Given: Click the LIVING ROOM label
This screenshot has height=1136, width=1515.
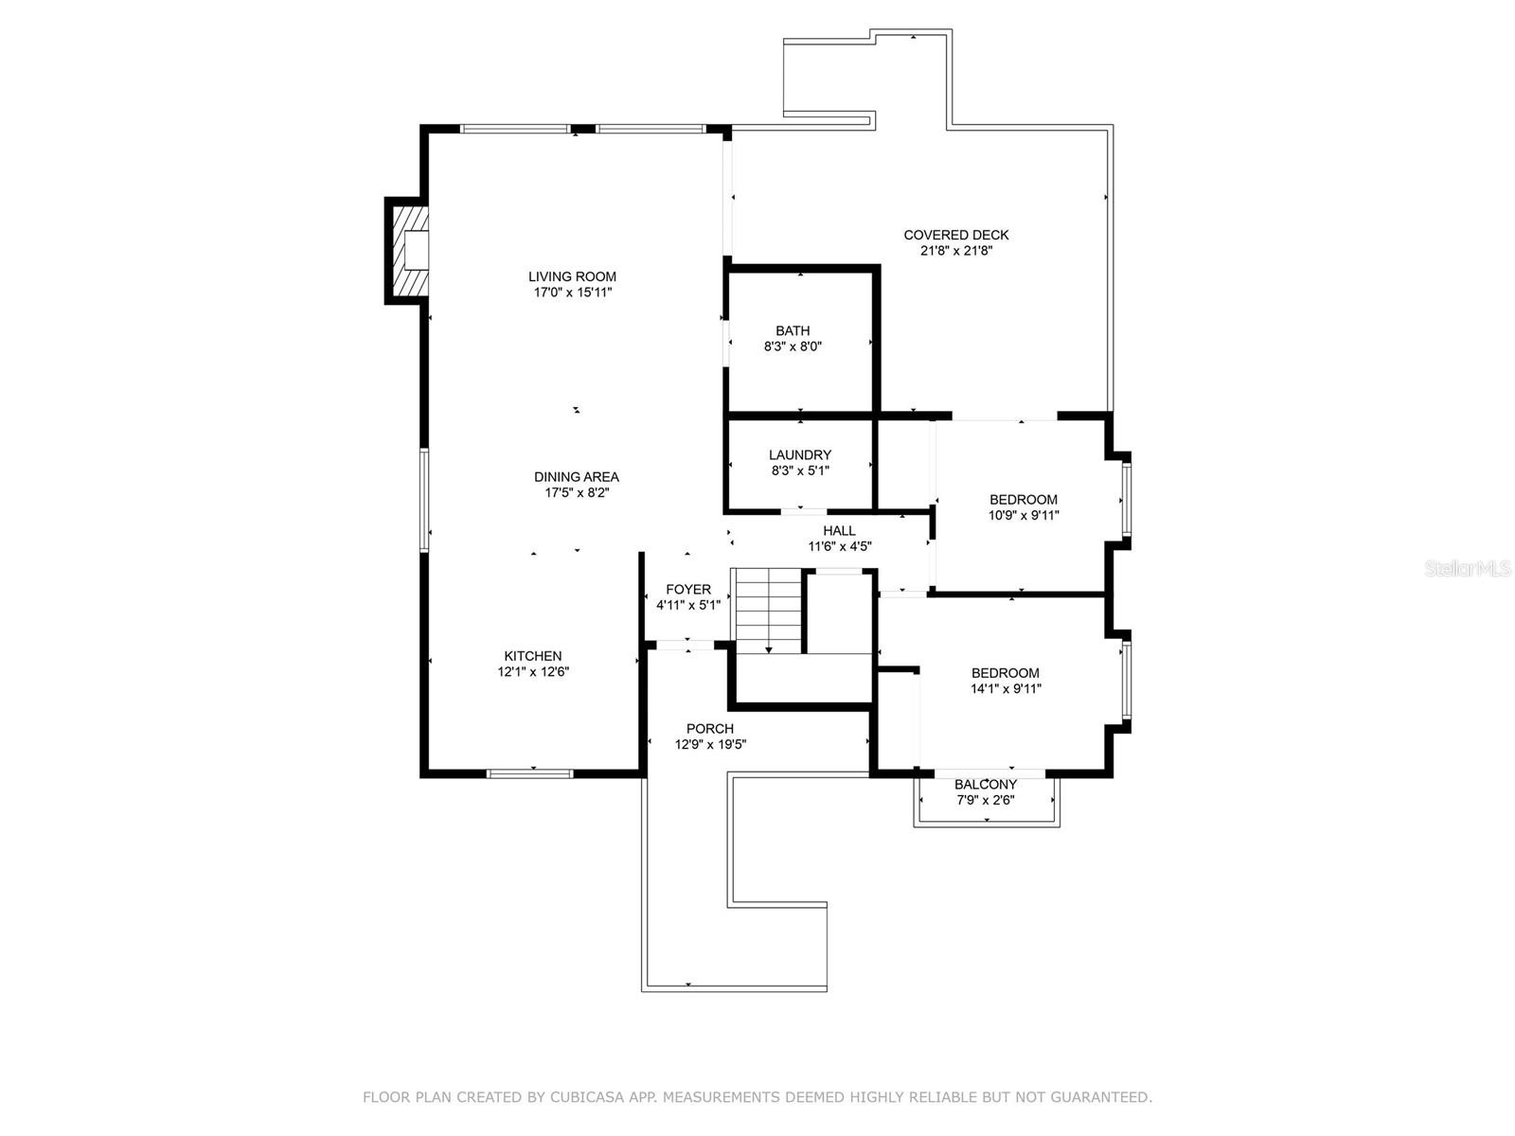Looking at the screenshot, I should [572, 276].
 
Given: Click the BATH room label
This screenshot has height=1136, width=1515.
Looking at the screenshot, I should [793, 330].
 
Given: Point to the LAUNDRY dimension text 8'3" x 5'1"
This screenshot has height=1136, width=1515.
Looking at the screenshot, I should [799, 470].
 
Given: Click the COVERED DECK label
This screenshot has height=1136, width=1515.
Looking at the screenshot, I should [955, 235].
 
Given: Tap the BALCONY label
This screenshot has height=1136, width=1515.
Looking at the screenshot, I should [985, 785].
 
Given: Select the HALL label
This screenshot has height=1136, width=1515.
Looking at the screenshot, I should [839, 531].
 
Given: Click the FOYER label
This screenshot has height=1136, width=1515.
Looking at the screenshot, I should [687, 590].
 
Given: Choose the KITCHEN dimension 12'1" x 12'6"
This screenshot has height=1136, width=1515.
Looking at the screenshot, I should [533, 672].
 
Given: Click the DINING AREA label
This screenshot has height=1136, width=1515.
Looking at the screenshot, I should [576, 477].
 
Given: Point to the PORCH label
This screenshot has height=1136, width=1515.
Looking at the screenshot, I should [710, 729].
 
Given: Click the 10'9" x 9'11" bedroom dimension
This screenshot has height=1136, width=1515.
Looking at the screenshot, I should [1024, 516].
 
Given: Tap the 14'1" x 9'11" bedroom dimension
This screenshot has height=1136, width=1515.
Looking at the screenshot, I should [1006, 689].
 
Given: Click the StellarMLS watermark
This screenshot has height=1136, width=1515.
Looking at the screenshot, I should [1468, 569].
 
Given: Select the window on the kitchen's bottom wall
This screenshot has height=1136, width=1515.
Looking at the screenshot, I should [530, 773].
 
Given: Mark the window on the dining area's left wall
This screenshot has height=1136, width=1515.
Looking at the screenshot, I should [425, 500].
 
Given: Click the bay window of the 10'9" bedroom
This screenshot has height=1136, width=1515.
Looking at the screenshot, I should [1125, 498].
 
